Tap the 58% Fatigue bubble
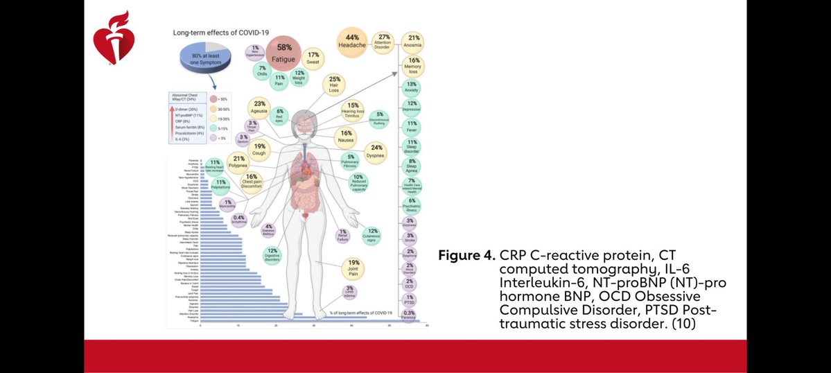[x=285, y=52]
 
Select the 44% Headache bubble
[x=351, y=42]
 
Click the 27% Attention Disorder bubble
[x=383, y=42]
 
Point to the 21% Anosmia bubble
[x=414, y=41]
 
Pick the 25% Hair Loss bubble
[x=335, y=83]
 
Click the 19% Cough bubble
[x=260, y=150]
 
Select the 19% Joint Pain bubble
[x=353, y=267]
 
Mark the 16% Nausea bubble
[x=346, y=137]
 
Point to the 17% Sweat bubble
[x=313, y=58]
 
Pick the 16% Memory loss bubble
[x=414, y=66]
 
